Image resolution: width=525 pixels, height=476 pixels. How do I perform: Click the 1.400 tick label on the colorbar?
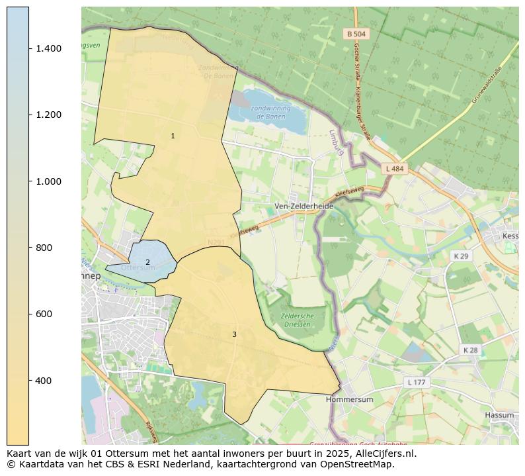pos(49,48)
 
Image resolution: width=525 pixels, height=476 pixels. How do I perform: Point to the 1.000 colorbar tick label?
pos(49,181)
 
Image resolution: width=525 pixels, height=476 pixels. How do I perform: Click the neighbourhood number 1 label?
pos(173,136)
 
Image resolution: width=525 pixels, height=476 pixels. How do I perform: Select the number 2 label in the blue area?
pos(147,262)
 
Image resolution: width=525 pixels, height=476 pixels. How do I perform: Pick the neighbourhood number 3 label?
pos(234,334)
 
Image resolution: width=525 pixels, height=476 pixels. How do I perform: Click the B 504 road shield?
pos(356,34)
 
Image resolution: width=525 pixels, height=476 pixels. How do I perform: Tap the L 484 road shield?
pos(394,169)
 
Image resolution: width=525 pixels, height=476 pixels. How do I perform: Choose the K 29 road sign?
pos(460,256)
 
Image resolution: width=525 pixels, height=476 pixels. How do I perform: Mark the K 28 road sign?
pos(470,350)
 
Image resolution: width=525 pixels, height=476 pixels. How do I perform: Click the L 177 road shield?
pos(417,383)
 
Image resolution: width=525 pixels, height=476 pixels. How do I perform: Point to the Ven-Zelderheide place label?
pos(304,206)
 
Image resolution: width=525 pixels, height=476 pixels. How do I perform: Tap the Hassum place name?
pos(499,415)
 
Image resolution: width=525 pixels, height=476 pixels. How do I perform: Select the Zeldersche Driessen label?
pos(297,320)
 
